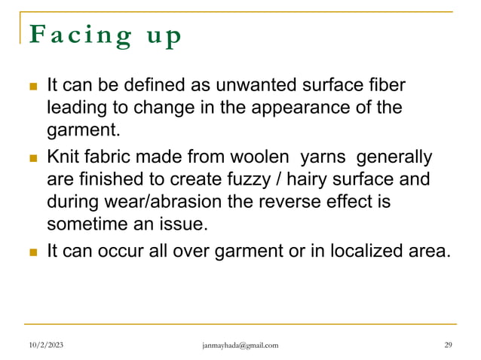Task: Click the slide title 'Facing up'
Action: [105, 37]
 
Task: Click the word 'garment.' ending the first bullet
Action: [83, 130]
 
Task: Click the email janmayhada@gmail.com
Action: [240, 346]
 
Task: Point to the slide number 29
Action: [448, 346]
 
